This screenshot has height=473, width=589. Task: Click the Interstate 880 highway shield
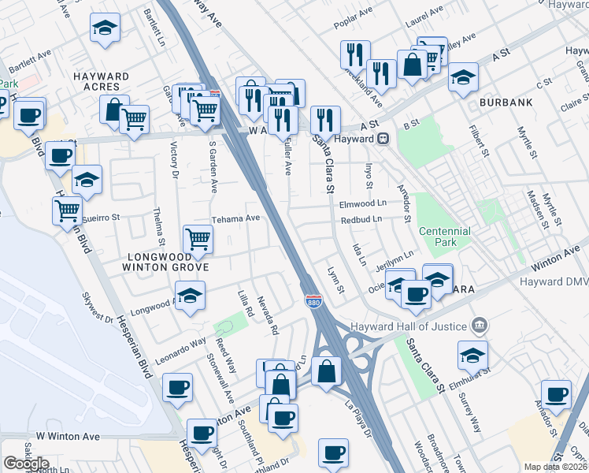point(312,300)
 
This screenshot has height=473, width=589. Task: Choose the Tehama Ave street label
point(235,218)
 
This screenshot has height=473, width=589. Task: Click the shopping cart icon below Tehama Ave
point(198,239)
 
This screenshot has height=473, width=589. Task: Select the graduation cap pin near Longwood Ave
point(190,296)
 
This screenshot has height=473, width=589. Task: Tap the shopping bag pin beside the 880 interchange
point(326,371)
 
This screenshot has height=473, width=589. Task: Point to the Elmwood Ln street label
point(363,203)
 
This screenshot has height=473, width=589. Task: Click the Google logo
point(26,464)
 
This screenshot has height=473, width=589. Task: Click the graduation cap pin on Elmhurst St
point(472,356)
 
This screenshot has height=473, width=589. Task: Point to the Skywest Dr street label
point(98,308)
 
